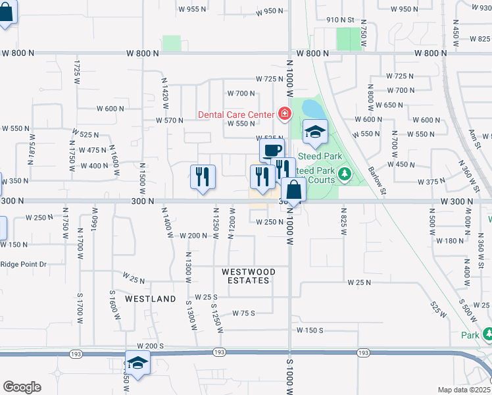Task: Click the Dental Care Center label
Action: pos(235,115)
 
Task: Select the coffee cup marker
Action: pos(272,151)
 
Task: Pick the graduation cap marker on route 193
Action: pos(137,363)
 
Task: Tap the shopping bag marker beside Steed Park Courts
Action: pos(293,191)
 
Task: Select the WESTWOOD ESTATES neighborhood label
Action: pos(245,276)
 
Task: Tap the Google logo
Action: pos(22,387)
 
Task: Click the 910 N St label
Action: pos(341,20)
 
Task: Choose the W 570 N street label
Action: pos(169,120)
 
